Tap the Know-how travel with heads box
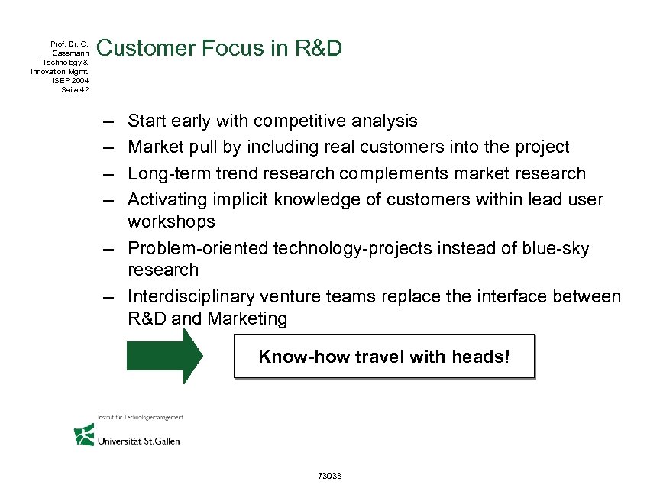click(383, 357)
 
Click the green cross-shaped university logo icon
click(83, 435)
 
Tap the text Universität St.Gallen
click(138, 441)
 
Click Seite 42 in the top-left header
click(74, 89)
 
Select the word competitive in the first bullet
click(299, 121)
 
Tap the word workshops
click(172, 221)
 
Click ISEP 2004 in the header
click(70, 80)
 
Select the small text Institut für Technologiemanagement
click(140, 417)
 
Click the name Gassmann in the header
click(72, 53)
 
